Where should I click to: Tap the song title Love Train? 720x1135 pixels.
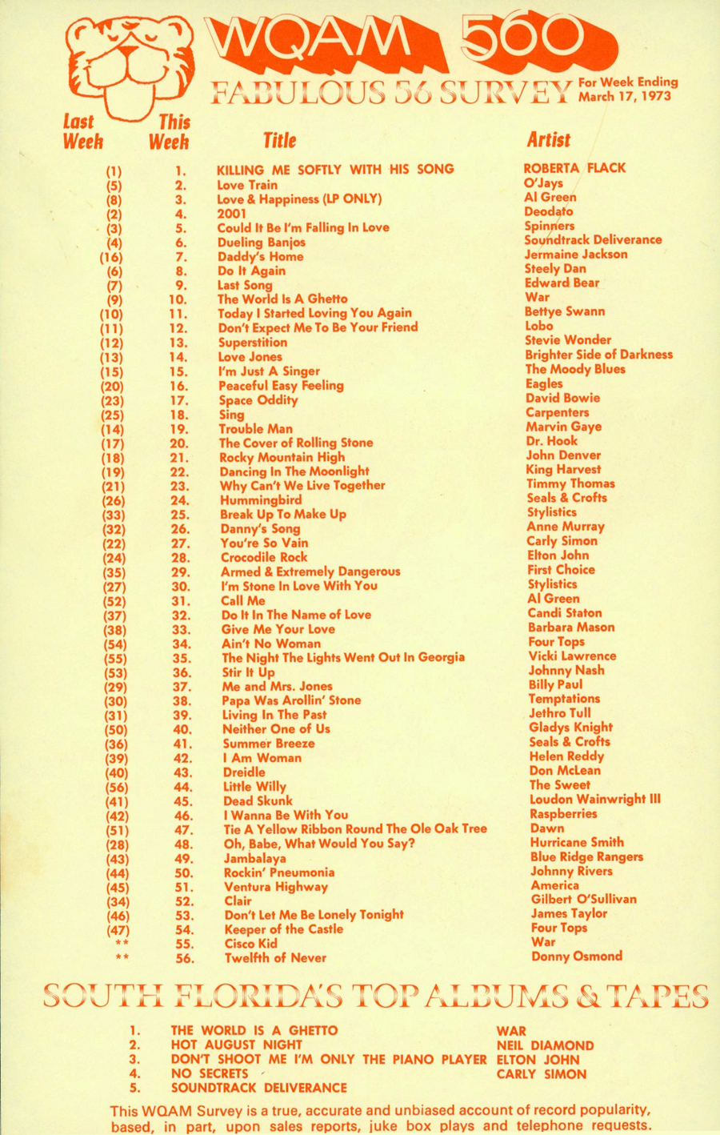247,185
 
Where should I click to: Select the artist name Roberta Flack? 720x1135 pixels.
574,168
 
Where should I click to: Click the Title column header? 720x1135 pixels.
280,141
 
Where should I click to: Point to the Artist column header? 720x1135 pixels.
549,140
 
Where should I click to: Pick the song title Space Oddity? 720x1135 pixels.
258,400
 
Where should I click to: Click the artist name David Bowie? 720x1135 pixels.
562,398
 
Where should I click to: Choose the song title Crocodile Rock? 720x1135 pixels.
264,557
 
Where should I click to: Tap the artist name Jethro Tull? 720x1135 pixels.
560,713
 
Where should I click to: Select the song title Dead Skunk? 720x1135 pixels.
258,800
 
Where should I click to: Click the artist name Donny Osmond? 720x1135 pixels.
576,957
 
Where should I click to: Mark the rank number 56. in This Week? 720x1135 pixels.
184,958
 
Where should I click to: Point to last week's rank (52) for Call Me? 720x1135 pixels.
114,601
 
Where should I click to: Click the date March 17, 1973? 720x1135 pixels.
625,97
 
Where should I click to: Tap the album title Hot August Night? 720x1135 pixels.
236,1045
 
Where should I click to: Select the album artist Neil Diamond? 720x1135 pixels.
545,1045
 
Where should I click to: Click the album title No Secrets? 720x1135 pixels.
210,1074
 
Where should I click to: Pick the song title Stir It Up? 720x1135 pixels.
248,672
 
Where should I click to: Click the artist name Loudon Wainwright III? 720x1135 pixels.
594,799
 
